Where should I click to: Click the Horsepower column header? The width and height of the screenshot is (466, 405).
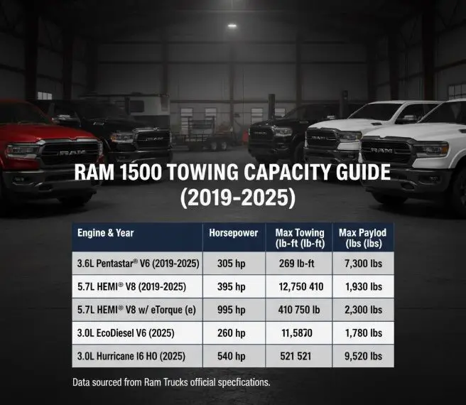(x=227, y=232)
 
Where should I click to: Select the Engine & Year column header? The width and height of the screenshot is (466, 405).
(x=107, y=232)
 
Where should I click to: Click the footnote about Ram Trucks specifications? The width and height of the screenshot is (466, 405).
(x=171, y=382)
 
